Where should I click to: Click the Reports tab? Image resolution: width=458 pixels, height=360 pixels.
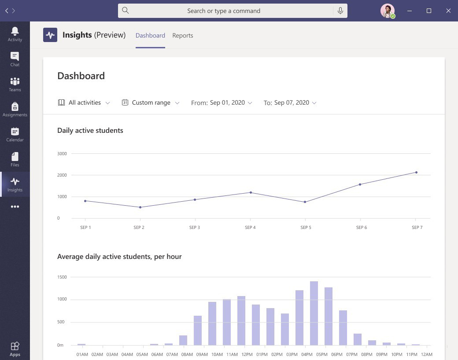(182, 35)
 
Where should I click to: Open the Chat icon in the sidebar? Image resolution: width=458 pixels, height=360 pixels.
(15, 59)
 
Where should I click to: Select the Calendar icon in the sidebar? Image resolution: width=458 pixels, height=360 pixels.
(15, 134)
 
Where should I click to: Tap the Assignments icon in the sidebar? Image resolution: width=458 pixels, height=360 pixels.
(15, 109)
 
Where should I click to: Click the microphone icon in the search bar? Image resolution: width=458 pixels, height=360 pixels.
(340, 11)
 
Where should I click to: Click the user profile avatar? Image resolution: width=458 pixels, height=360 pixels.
(387, 11)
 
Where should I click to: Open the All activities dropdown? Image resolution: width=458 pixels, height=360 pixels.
(84, 103)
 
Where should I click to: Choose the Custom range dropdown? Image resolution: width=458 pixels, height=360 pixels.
(151, 103)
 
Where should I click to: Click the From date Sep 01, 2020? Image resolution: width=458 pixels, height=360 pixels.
(227, 103)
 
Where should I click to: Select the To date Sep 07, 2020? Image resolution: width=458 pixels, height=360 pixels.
(292, 103)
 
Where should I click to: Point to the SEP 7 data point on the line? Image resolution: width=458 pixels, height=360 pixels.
(416, 172)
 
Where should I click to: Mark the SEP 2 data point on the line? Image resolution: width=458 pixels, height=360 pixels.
(140, 207)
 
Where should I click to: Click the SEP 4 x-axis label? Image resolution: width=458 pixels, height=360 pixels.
(250, 228)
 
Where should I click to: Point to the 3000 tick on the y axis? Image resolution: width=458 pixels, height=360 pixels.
(62, 153)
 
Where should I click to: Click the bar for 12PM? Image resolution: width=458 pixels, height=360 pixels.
(241, 320)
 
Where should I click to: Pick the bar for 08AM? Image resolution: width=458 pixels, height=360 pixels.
(183, 340)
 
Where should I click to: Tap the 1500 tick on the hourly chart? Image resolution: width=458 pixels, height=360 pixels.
(62, 277)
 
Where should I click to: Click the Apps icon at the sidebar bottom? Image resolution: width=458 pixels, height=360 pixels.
(15, 349)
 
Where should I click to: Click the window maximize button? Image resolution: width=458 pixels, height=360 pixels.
(428, 11)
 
